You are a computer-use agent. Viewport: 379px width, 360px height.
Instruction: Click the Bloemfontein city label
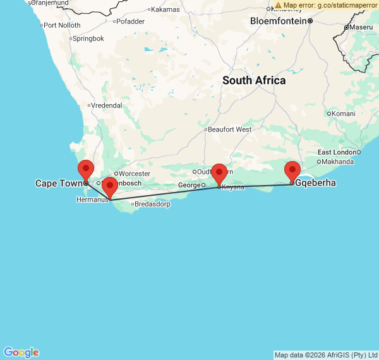coord(279,21)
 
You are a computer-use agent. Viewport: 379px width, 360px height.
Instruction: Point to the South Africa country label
coord(254,81)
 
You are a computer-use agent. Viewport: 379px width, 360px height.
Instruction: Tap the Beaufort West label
coord(229,129)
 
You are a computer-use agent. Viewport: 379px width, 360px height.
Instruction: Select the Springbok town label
coord(88,39)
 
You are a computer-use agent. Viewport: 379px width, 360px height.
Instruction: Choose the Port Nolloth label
coord(61,25)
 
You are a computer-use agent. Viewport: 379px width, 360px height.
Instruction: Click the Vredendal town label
coord(106,105)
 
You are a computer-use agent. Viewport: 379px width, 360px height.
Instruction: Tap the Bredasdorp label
coord(153,204)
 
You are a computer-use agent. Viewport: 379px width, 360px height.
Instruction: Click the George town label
coord(189,185)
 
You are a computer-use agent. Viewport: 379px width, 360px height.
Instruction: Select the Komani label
coord(344,114)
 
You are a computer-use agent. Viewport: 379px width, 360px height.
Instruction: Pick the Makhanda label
coord(338,162)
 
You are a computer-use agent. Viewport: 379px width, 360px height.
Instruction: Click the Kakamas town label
coord(165,9)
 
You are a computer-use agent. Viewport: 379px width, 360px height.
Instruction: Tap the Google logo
coord(21,352)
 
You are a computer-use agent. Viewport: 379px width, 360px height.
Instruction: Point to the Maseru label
coord(361,27)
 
